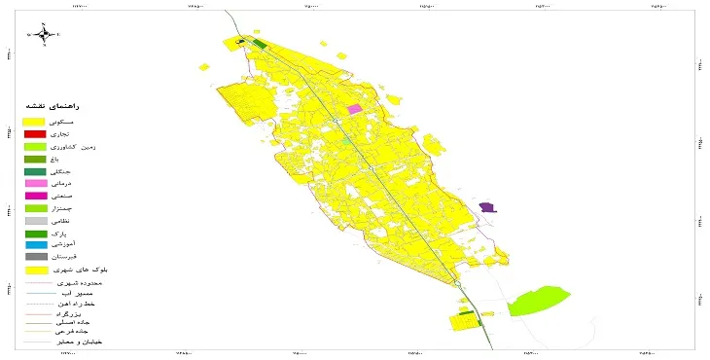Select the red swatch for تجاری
pos(35,133)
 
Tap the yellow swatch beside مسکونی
pos(35,121)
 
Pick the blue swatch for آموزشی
pos(35,246)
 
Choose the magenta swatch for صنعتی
pos(35,197)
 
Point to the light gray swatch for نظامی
pos(35,222)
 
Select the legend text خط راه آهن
pos(77,306)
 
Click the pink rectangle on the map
pos(354,109)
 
